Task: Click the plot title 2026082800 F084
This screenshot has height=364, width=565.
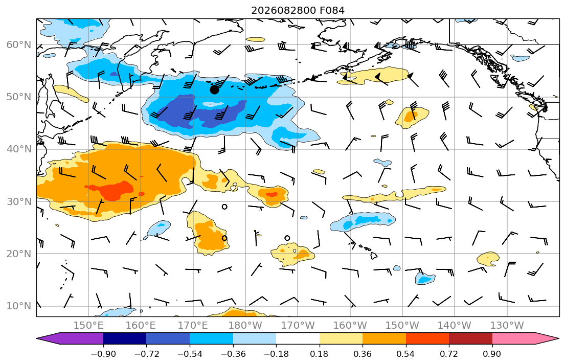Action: pyautogui.click(x=298, y=10)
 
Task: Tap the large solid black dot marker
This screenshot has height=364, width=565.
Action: pyautogui.click(x=214, y=90)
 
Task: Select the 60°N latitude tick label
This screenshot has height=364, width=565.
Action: pyautogui.click(x=19, y=44)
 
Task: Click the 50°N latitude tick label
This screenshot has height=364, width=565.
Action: pyautogui.click(x=19, y=97)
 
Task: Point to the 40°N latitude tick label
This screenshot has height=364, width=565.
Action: pyautogui.click(x=19, y=149)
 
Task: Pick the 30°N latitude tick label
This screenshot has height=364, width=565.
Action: pyautogui.click(x=19, y=201)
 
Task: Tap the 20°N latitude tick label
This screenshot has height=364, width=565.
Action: pyautogui.click(x=19, y=254)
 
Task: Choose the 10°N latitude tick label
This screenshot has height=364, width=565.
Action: pyautogui.click(x=19, y=306)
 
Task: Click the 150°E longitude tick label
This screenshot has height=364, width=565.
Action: pyautogui.click(x=88, y=326)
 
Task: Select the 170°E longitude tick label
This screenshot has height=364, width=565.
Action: pyautogui.click(x=193, y=326)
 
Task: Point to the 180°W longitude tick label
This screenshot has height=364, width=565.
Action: pyautogui.click(x=246, y=326)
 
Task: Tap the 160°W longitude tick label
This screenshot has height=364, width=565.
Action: pyautogui.click(x=350, y=326)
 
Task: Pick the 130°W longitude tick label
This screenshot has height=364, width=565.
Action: pyautogui.click(x=507, y=326)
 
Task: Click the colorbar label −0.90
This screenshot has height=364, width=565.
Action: pyautogui.click(x=103, y=354)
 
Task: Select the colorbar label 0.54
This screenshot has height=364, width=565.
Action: pyautogui.click(x=406, y=354)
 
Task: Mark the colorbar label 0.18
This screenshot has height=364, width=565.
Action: pyautogui.click(x=319, y=354)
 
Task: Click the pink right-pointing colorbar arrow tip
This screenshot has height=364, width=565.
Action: pyautogui.click(x=559, y=338)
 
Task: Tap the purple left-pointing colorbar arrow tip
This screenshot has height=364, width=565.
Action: pyautogui.click(x=37, y=338)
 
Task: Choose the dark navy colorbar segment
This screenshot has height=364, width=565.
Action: pyautogui.click(x=125, y=338)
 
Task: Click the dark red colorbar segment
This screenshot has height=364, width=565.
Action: pyautogui.click(x=470, y=338)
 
